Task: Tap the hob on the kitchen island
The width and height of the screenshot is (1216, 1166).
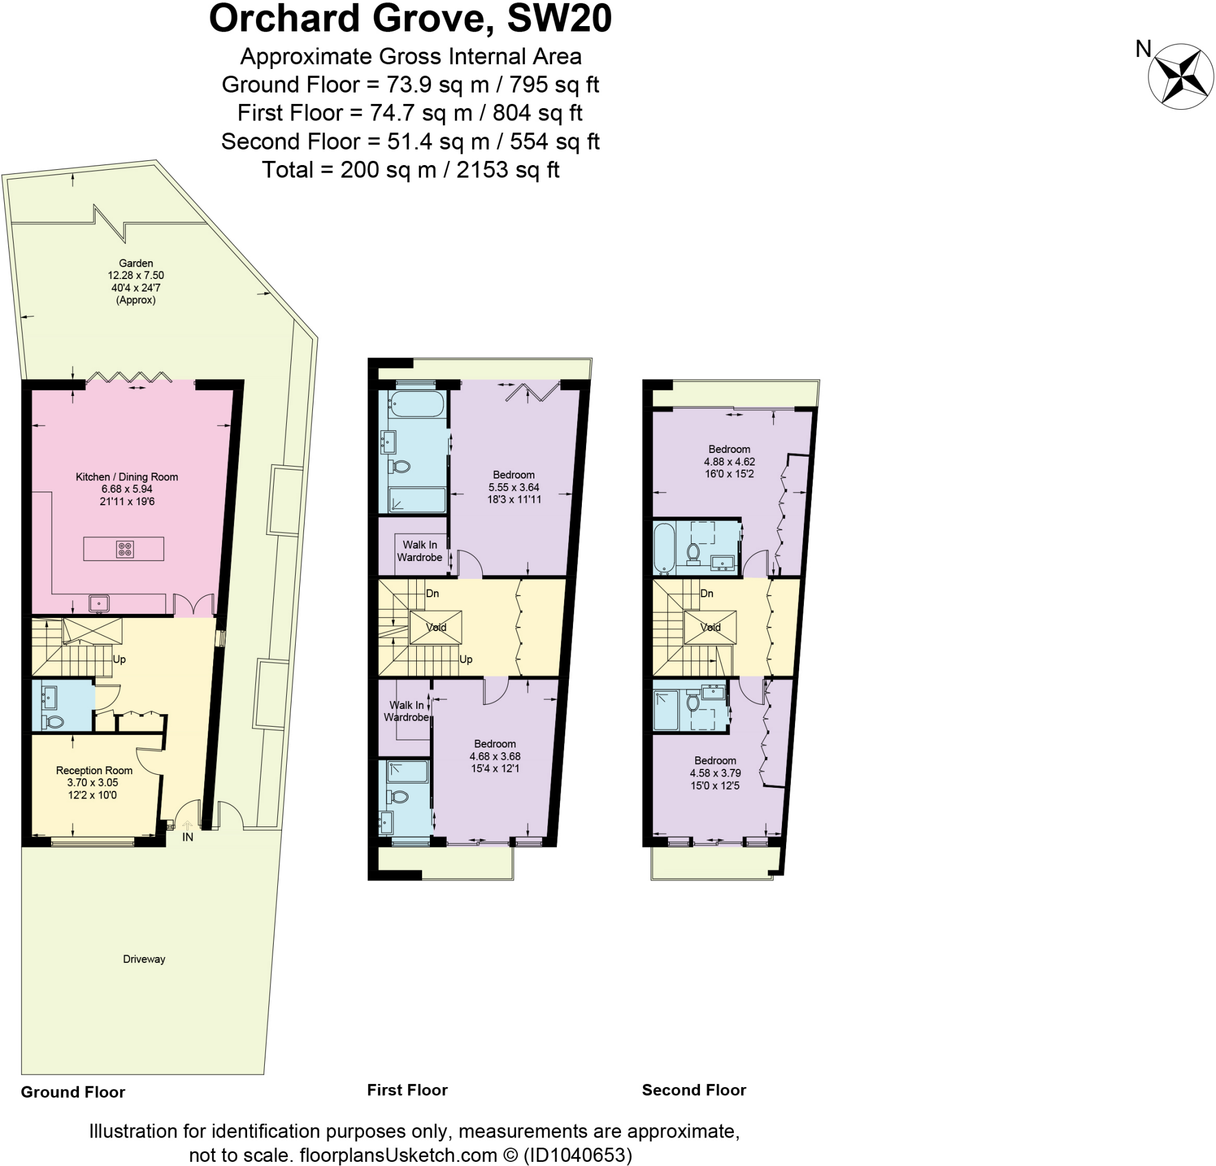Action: pos(125,549)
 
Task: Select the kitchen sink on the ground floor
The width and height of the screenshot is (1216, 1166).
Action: pos(99,603)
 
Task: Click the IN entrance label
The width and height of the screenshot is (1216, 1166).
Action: pos(188,837)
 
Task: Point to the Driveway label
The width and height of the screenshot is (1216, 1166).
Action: pos(144,959)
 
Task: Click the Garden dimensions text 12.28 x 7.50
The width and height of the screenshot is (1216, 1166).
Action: pos(136,275)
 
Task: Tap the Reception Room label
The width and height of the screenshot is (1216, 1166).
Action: pos(94,770)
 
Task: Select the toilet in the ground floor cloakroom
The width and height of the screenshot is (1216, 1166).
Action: pos(54,721)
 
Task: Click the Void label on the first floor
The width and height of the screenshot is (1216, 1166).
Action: pos(436,627)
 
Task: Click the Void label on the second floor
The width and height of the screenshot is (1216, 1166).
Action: pos(710,627)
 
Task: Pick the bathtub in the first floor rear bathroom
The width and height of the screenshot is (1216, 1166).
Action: pos(417,404)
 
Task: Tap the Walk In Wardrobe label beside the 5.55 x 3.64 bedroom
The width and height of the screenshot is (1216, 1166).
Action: pos(419,551)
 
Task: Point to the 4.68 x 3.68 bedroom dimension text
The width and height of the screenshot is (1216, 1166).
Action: pos(495,756)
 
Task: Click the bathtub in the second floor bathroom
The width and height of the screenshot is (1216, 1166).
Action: pos(664,548)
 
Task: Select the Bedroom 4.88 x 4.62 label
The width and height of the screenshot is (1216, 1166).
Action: pos(729,455)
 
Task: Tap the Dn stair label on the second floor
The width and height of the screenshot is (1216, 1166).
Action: pos(707,594)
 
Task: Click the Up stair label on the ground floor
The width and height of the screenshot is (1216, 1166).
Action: pos(119,659)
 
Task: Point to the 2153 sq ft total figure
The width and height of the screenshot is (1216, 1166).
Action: pos(508,169)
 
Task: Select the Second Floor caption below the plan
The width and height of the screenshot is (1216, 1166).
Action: pos(693,1090)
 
